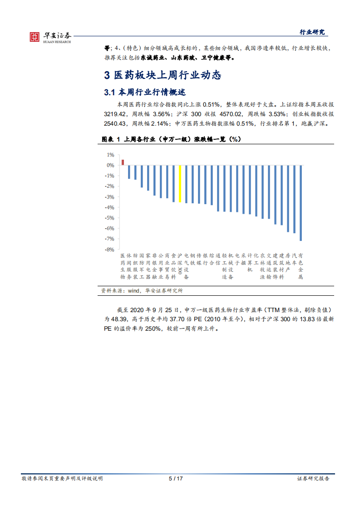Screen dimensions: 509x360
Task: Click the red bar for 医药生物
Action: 123,162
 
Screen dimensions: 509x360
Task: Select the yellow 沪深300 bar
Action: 180,183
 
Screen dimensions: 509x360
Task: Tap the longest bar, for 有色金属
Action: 301,203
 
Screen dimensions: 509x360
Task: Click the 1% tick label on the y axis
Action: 111,155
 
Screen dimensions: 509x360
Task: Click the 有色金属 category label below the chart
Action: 301,266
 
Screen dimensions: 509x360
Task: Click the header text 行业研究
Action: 312,32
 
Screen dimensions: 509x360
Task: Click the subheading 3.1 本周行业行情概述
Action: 145,93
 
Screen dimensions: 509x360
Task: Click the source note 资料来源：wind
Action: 142,291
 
